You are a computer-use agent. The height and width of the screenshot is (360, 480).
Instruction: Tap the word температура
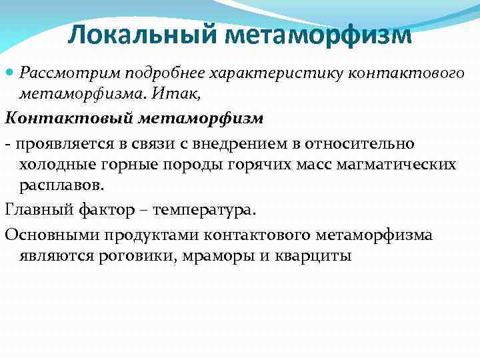(203, 211)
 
